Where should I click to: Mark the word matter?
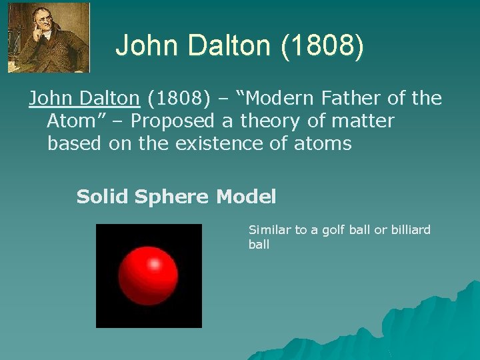pyautogui.click(x=365, y=121)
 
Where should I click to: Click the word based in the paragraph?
pyautogui.click(x=72, y=143)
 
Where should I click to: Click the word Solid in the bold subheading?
pyautogui.click(x=102, y=197)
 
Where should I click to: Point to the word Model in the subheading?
pyautogui.click(x=246, y=197)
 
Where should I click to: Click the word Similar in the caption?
pyautogui.click(x=269, y=230)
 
